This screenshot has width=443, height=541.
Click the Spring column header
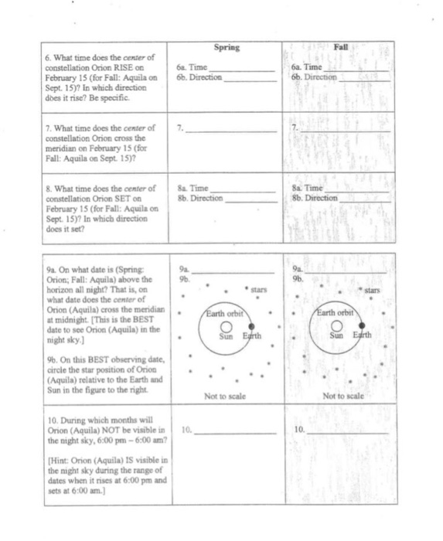coord(227,48)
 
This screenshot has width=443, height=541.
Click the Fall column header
coord(340,47)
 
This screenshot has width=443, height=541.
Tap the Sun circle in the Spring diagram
coord(226,326)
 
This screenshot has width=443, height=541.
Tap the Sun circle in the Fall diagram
coord(336,325)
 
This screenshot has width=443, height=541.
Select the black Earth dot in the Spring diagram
coord(251,326)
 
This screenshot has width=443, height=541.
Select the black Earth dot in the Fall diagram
coord(362,325)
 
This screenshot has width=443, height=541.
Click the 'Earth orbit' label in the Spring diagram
coord(225,314)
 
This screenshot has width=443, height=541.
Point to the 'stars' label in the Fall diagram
coord(372,291)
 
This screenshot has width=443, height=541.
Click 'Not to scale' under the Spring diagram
coord(225,396)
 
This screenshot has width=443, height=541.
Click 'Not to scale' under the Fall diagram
coord(343,396)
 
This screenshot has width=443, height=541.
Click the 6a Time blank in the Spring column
coord(242,71)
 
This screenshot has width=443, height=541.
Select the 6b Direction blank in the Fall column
coord(365,81)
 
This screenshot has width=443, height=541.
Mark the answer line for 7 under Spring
coord(231,131)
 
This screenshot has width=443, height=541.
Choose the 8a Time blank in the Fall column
coord(357,192)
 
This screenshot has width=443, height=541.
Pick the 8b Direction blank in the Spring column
coord(251,202)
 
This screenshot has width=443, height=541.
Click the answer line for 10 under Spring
coord(235,434)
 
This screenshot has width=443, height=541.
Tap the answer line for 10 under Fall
coord(347,433)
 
